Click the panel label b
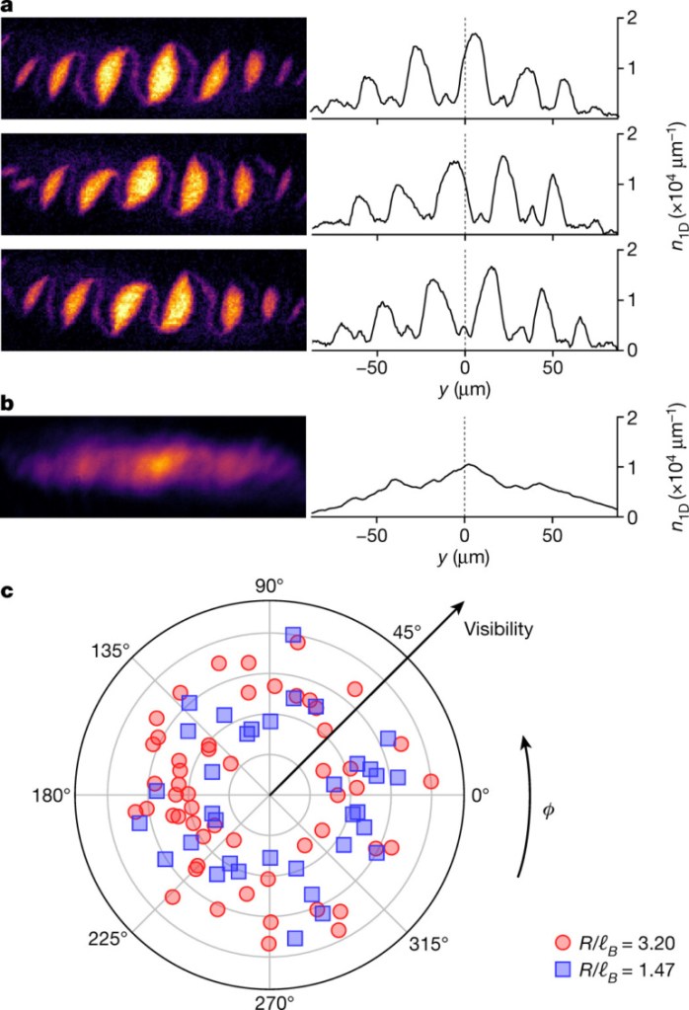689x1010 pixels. click(x=8, y=403)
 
